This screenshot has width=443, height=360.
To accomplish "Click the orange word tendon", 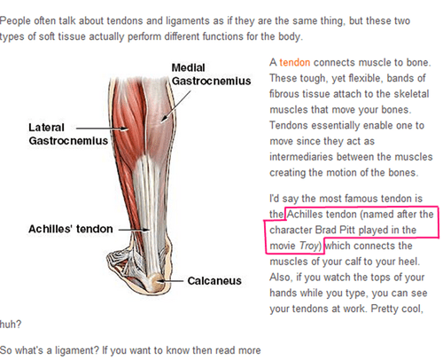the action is pos(295,63).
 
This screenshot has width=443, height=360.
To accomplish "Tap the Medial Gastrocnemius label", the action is pos(211,74).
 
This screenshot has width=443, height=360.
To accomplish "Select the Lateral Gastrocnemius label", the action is pos(68,134).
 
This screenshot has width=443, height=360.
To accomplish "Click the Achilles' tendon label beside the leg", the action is pos(71,229).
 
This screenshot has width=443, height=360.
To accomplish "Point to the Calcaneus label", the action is pos(214,281).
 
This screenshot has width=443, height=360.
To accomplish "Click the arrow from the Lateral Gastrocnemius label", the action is pos(103,129).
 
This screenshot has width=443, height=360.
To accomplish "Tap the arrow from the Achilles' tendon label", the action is pos(135,230).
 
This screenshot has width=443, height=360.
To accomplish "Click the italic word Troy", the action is pos(309,246).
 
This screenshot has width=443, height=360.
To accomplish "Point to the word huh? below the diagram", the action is pos(11,325).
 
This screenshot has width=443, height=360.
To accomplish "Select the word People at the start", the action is pos(15,21).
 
